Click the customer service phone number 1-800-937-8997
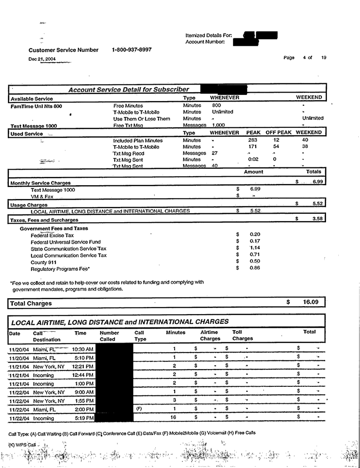pyautogui.click(x=132, y=49)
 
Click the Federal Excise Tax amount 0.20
pyautogui.click(x=255, y=235)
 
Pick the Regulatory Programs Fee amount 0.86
pyautogui.click(x=255, y=269)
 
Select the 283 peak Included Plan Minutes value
pyautogui.click(x=253, y=140)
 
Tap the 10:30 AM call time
pyautogui.click(x=82, y=349)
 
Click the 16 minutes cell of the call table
pyautogui.click(x=175, y=416)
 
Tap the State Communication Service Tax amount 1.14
pyautogui.click(x=255, y=248)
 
